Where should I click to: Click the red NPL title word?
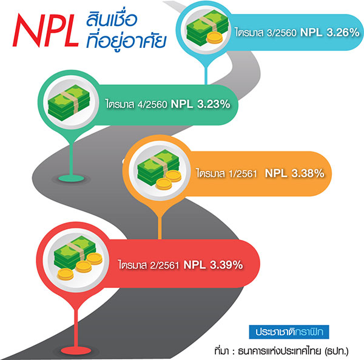(x=45, y=30)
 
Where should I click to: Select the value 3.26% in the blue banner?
(x=343, y=32)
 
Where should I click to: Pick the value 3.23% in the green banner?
(x=214, y=104)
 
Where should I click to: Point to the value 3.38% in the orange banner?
(x=308, y=173)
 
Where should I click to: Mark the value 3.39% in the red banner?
(x=226, y=265)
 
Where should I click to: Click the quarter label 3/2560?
(x=281, y=33)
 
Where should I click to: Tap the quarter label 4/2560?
(x=152, y=105)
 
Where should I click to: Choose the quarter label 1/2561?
(x=243, y=173)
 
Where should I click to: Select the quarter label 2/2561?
(x=164, y=265)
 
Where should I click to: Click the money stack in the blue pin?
(x=207, y=28)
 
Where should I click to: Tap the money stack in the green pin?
(x=69, y=102)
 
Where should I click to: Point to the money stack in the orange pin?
(x=158, y=168)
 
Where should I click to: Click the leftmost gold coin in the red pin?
(x=66, y=274)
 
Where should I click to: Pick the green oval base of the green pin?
(x=71, y=178)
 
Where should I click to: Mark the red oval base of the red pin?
(x=76, y=350)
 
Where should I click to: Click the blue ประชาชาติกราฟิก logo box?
(x=289, y=332)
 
